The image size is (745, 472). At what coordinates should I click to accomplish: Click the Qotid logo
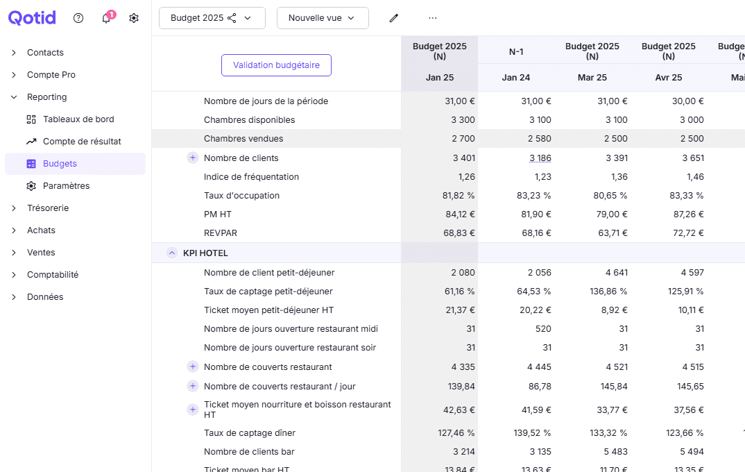[x=32, y=18]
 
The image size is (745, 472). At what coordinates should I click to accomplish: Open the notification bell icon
[x=106, y=19]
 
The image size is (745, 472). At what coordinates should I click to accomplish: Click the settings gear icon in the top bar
[x=134, y=18]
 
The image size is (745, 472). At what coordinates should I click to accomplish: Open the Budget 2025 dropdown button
[x=212, y=18]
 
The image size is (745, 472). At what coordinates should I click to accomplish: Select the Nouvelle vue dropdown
[x=322, y=18]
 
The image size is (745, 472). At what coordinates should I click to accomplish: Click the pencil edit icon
[x=394, y=18]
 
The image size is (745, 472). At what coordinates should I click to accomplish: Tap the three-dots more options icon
[x=433, y=18]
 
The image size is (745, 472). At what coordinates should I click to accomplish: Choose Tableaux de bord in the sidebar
[x=78, y=119]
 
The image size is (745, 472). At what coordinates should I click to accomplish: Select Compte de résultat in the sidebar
[x=82, y=142]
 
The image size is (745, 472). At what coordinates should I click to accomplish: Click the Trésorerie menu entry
[x=48, y=208]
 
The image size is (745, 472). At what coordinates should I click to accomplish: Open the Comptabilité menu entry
[x=53, y=275]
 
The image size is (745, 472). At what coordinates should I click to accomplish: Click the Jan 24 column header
[x=515, y=78]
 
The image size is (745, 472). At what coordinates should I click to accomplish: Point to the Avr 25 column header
[x=668, y=78]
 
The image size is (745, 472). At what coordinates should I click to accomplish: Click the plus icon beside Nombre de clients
[x=193, y=158]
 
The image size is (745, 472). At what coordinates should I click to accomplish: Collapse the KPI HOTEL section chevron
[x=172, y=253]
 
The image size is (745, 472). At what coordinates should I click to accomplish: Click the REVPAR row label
[x=221, y=233]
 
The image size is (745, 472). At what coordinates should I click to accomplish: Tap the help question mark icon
[x=78, y=18]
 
